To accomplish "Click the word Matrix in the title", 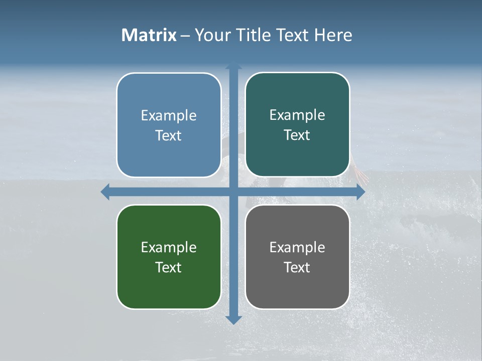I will (149, 35).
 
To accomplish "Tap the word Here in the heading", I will (333, 35).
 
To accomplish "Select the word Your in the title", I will (211, 35).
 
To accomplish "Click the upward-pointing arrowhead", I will (233, 66).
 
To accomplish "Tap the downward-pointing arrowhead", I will (233, 319).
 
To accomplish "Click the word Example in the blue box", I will (169, 116).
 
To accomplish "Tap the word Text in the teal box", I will (297, 135).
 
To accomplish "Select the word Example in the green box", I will (169, 248).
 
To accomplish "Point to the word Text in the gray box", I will (297, 267).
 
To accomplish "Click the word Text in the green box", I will (169, 267).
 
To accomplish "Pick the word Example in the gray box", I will (297, 248).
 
